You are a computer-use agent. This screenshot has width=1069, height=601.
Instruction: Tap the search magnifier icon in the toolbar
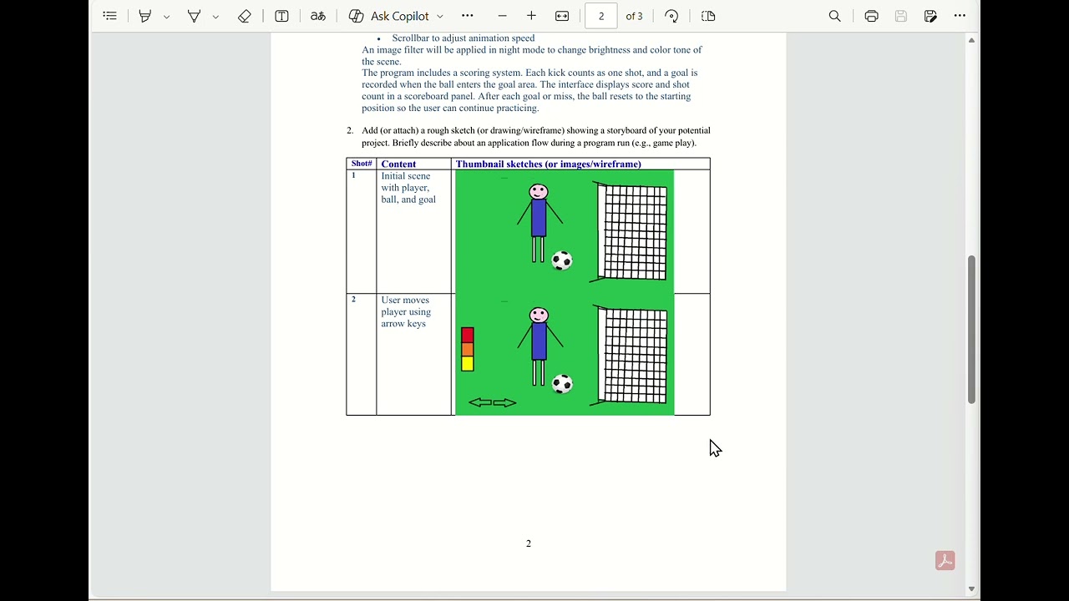tap(834, 16)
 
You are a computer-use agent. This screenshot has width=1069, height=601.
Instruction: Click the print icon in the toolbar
tap(871, 16)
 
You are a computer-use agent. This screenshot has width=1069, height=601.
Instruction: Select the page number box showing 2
tap(600, 16)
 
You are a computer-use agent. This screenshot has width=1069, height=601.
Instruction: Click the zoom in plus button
tap(531, 16)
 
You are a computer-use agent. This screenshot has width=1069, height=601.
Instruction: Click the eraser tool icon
tap(245, 16)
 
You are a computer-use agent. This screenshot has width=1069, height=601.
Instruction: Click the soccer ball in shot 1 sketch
tap(562, 260)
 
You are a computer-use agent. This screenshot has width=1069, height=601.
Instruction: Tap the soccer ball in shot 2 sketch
tap(562, 384)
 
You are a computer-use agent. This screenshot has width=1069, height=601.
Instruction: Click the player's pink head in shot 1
tap(539, 192)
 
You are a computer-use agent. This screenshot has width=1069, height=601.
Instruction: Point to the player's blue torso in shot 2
tap(539, 341)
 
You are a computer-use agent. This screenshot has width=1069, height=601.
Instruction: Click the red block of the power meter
tap(468, 335)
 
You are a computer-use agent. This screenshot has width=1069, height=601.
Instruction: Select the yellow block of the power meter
tap(468, 363)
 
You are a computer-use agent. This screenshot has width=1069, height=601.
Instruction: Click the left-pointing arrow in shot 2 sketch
tap(480, 402)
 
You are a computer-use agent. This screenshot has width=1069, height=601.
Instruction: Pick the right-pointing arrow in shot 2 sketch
tap(504, 402)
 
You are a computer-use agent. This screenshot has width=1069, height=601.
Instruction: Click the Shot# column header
tap(362, 164)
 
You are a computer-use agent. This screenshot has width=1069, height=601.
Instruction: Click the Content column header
tap(398, 164)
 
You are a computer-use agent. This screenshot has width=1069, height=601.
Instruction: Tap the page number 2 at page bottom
tap(529, 543)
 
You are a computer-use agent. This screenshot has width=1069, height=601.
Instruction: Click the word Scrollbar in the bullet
tap(410, 38)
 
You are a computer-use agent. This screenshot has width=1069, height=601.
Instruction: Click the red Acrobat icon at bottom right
tap(945, 560)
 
